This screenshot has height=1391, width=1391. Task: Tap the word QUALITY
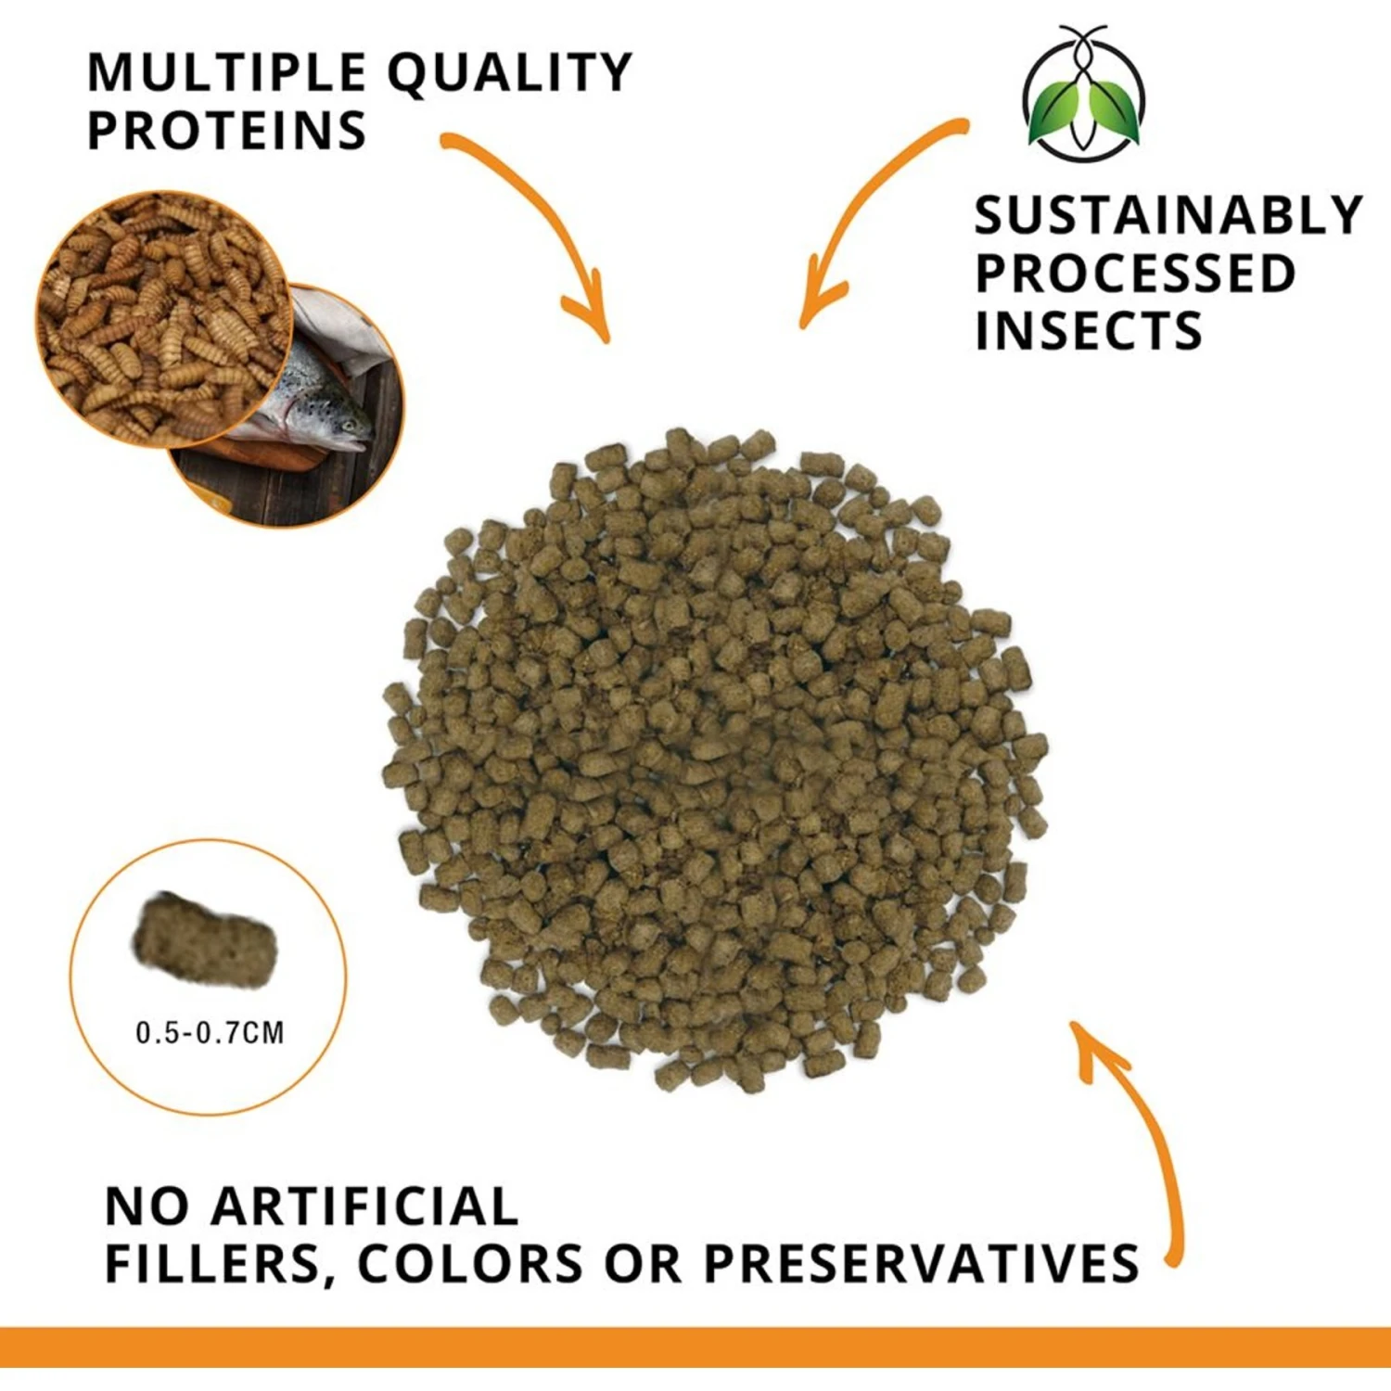click(510, 74)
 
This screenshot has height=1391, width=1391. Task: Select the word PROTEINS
click(226, 130)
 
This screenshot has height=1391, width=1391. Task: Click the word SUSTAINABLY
click(1168, 215)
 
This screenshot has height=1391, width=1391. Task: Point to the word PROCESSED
click(1135, 273)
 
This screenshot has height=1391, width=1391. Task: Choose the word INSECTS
click(1089, 330)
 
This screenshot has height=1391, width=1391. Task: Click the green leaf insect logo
click(1083, 94)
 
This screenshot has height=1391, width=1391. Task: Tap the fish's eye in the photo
click(348, 426)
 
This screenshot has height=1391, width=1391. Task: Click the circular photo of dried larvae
click(165, 318)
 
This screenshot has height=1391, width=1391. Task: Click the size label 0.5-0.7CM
click(210, 1032)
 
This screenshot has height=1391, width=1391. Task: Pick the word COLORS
click(470, 1263)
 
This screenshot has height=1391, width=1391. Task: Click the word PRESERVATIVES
click(921, 1263)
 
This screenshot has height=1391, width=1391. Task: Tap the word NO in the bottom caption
click(148, 1206)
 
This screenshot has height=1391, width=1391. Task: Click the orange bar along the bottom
click(695, 1347)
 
